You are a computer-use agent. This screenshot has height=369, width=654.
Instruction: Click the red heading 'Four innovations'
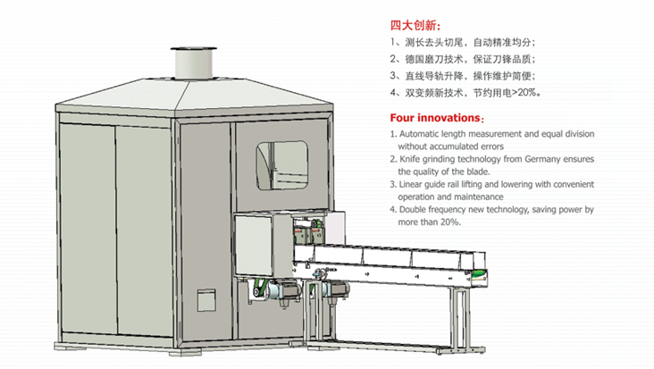click(435, 118)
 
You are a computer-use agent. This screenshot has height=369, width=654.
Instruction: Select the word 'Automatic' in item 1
click(418, 134)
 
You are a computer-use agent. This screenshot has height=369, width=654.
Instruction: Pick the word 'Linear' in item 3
click(410, 184)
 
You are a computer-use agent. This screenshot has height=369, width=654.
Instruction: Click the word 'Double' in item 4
click(413, 209)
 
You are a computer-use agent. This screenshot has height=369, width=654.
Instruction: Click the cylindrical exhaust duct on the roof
click(194, 63)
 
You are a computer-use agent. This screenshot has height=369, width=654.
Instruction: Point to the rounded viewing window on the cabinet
click(282, 165)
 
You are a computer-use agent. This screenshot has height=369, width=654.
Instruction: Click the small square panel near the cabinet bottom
click(206, 300)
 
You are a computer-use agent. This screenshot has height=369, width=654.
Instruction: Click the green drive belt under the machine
click(261, 288)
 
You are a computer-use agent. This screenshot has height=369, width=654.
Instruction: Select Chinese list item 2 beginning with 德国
click(463, 59)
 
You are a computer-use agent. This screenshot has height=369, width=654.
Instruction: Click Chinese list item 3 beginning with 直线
click(463, 76)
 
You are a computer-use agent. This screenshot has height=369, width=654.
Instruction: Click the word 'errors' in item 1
click(491, 147)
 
